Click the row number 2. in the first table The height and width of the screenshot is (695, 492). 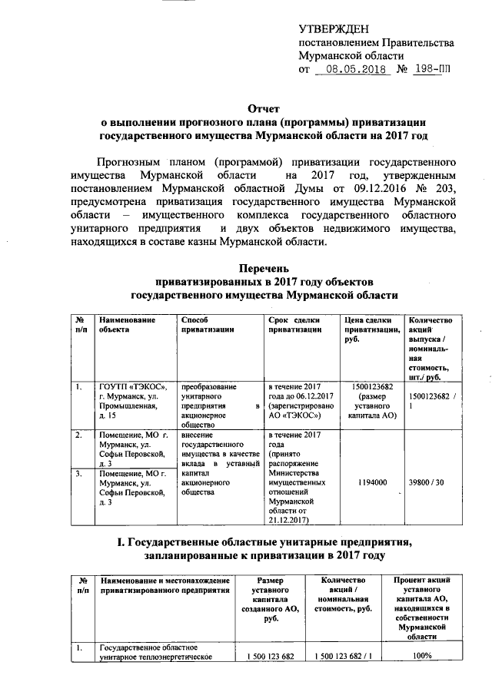[x=78, y=435]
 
